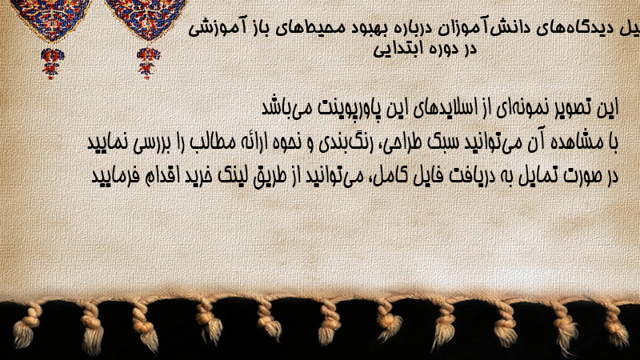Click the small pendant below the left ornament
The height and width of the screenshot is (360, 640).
coord(52,63)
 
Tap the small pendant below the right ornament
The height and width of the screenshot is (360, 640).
coord(148,63)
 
